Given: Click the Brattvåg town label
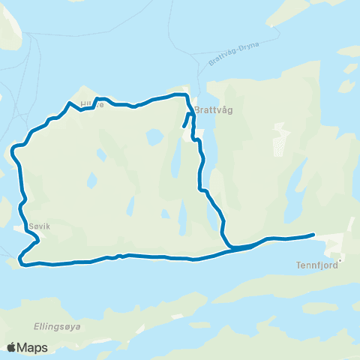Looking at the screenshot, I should pyautogui.click(x=214, y=110).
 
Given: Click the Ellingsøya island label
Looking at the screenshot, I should pyautogui.click(x=57, y=326).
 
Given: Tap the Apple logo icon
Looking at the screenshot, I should pyautogui.click(x=12, y=347).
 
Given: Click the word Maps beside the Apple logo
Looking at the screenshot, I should pyautogui.click(x=33, y=347).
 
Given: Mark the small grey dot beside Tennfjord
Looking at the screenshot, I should pyautogui.click(x=340, y=262).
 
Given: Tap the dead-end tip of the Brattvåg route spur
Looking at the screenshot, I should pyautogui.click(x=184, y=125).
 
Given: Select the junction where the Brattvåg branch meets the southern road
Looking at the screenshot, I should pyautogui.click(x=229, y=245).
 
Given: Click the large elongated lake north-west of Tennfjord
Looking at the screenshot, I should pyautogui.click(x=296, y=180).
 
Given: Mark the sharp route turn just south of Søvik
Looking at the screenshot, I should pyautogui.click(x=22, y=259).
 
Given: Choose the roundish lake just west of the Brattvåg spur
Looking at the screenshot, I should pyautogui.click(x=154, y=137).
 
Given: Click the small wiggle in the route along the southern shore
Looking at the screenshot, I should pyautogui.click(x=117, y=256).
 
